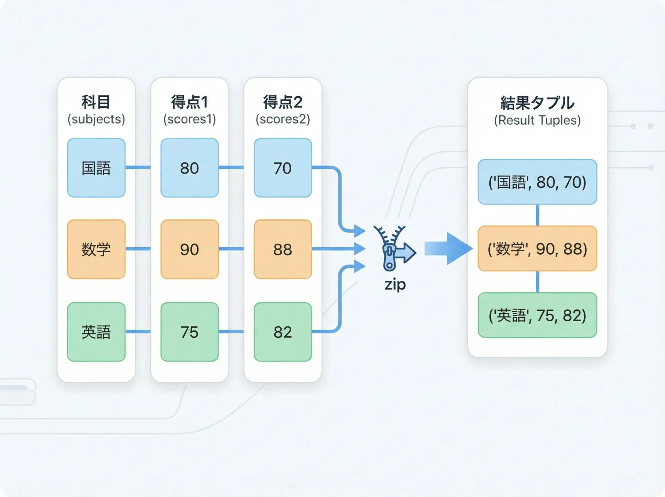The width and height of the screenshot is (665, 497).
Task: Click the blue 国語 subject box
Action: tap(96, 168)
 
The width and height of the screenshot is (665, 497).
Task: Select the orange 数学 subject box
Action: tap(96, 249)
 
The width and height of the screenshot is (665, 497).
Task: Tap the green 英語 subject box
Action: tap(96, 332)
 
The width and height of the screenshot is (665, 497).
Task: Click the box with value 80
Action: tap(189, 168)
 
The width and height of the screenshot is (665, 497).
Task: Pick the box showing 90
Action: tap(189, 249)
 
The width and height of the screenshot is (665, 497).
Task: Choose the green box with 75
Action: tap(189, 332)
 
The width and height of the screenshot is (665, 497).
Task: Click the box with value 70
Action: tap(283, 168)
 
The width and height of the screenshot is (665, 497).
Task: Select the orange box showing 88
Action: tap(283, 249)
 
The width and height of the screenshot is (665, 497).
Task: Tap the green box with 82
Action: tap(283, 332)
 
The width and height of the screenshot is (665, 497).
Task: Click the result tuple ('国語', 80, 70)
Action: tap(537, 182)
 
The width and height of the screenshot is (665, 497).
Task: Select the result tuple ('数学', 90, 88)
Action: tap(537, 248)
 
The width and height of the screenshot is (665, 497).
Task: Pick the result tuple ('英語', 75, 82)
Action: tap(537, 315)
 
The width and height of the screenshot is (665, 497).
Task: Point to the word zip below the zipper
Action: tap(395, 285)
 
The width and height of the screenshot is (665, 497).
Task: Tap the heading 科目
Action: tap(96, 102)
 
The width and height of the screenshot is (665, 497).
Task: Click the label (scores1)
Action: tap(189, 119)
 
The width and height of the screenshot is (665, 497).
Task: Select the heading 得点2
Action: tap(283, 102)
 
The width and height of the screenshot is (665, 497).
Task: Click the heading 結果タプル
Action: tap(537, 103)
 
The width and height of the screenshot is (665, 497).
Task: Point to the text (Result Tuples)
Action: tap(537, 120)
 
